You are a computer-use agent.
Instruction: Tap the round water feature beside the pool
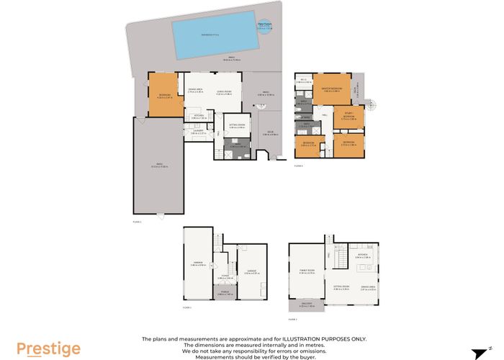coord(264,27)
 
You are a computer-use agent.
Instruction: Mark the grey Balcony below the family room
coord(307,305)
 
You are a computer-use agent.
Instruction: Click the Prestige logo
coord(49,348)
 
